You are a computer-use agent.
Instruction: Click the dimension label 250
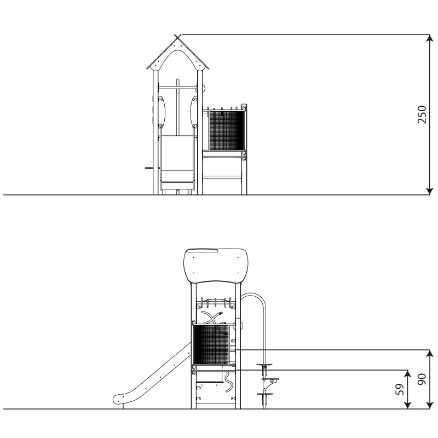[422, 114]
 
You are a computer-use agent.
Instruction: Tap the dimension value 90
[422, 379]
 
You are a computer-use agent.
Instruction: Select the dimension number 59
[400, 389]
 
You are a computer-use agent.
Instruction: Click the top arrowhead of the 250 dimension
[430, 38]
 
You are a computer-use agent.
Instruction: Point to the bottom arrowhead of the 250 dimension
[430, 191]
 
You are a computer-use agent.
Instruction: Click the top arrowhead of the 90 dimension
[430, 354]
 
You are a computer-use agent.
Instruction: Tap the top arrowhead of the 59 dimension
[408, 374]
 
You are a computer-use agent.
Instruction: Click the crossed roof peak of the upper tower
[177, 36]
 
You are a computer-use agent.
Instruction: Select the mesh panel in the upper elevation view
[227, 130]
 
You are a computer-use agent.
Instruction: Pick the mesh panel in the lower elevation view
[211, 345]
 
